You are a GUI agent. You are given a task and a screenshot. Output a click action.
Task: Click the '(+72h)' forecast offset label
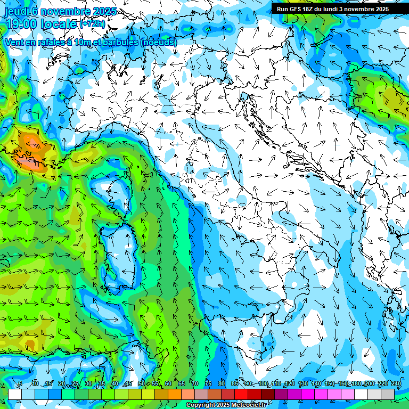click(92, 23)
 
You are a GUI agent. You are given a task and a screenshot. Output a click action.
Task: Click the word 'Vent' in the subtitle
click(15, 42)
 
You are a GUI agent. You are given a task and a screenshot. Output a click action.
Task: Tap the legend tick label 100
click(263, 384)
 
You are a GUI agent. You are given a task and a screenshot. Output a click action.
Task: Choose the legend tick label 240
click(396, 384)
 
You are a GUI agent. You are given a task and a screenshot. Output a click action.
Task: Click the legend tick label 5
click(20, 384)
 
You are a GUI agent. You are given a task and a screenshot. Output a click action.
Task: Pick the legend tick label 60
click(168, 384)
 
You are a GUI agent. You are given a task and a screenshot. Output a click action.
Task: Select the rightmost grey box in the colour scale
click(388, 394)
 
